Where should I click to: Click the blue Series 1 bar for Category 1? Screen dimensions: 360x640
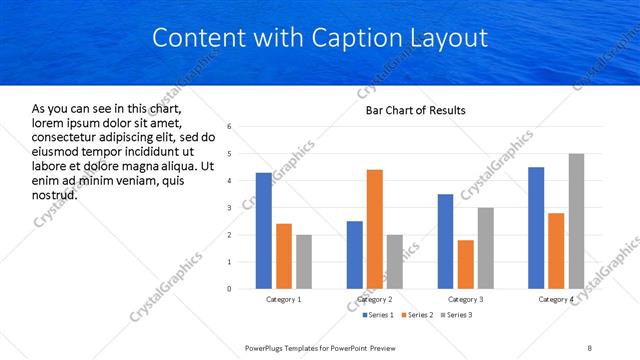(264, 231)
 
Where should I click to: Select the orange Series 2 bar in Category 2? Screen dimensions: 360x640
(375, 229)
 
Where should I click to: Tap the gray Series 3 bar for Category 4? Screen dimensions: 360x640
(576, 221)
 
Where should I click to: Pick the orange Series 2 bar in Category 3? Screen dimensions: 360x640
(465, 264)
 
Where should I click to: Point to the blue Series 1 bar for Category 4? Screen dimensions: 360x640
(536, 228)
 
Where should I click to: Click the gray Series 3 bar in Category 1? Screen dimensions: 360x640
(304, 262)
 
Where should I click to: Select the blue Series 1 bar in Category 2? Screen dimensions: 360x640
(355, 255)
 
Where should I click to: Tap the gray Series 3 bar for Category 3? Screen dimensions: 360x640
(485, 248)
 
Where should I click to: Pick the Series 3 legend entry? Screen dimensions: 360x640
(456, 315)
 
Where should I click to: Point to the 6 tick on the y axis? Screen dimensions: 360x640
(230, 127)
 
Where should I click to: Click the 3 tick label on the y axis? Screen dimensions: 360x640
(230, 208)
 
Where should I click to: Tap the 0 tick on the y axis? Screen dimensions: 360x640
(230, 289)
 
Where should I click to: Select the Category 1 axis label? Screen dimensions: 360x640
(284, 299)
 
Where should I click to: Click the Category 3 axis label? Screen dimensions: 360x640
(465, 299)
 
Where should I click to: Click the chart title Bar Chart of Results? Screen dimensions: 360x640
(415, 110)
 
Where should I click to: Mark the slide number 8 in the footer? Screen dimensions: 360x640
(589, 347)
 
